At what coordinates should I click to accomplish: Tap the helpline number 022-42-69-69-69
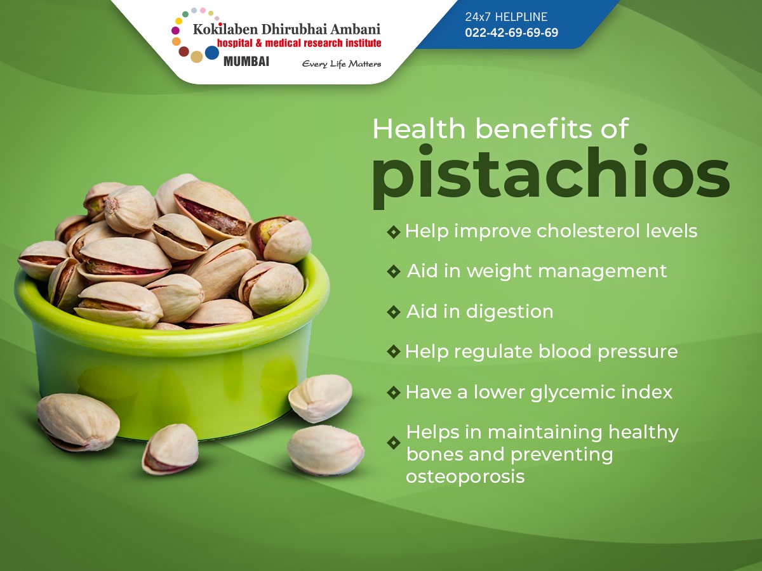511,33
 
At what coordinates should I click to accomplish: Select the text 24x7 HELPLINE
506,17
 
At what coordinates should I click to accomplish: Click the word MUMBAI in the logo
246,62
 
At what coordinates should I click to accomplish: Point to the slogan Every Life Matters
342,64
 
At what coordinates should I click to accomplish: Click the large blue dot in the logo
212,53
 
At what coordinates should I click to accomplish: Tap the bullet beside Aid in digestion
394,312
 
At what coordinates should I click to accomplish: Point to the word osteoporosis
465,476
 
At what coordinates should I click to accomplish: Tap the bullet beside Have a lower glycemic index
394,393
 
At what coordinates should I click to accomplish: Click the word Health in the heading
419,129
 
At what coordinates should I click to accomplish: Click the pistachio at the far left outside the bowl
77,422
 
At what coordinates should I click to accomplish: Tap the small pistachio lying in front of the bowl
170,449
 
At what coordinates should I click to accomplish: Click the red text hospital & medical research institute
299,43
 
